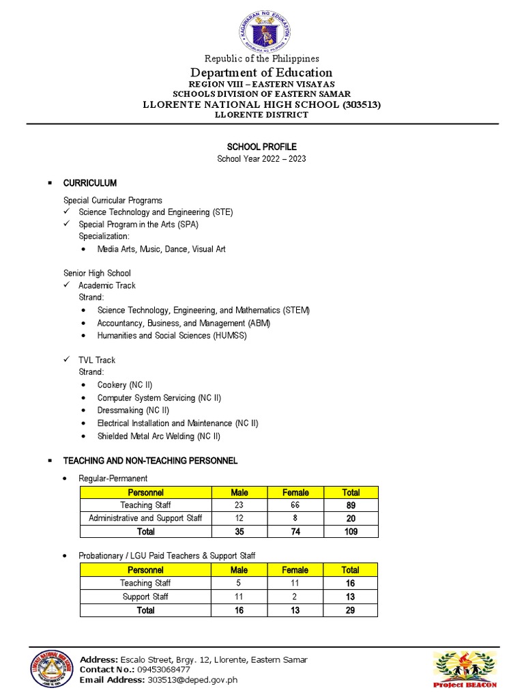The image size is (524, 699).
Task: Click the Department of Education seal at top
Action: (262, 27)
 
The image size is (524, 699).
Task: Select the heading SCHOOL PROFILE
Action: (261, 147)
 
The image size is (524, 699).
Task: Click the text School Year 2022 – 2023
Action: (261, 159)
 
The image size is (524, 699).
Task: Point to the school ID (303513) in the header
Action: (358, 104)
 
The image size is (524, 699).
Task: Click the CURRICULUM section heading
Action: (89, 184)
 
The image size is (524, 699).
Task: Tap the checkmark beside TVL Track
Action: (67, 360)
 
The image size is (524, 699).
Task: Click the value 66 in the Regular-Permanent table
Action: (295, 505)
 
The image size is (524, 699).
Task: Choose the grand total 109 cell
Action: (350, 531)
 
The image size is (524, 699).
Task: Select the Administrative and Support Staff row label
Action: (145, 518)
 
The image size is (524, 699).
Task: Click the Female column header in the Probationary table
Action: (295, 570)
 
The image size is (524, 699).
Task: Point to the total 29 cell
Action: (350, 610)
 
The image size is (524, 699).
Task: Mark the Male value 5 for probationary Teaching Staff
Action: (239, 583)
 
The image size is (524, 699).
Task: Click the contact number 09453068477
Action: (164, 670)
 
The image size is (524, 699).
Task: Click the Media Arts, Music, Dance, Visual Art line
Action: (161, 249)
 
